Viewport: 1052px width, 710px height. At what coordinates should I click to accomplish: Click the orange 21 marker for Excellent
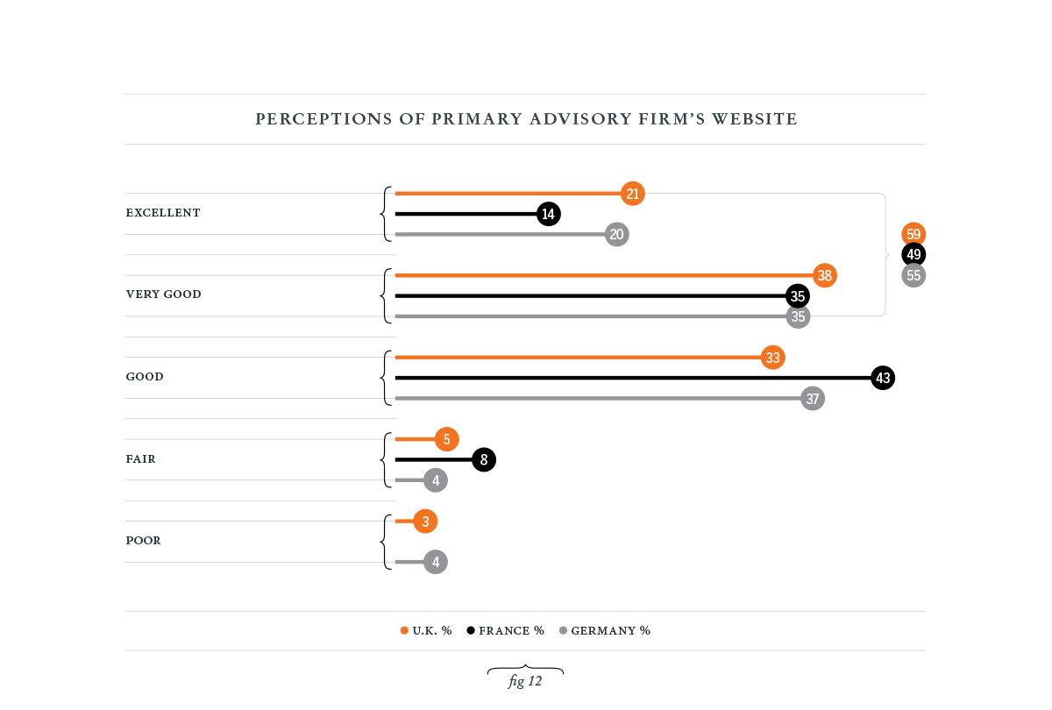pyautogui.click(x=633, y=194)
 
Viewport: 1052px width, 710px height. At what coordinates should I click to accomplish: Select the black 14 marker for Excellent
pyautogui.click(x=549, y=214)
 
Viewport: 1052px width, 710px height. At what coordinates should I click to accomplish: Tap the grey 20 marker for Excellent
pyautogui.click(x=617, y=234)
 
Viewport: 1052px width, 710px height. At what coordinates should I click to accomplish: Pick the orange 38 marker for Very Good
pyautogui.click(x=825, y=275)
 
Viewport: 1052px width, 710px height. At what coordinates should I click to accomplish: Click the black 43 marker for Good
pyautogui.click(x=883, y=378)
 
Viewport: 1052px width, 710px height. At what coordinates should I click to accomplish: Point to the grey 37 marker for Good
pyautogui.click(x=813, y=399)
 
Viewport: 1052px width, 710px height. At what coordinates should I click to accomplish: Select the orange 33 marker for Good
pyautogui.click(x=772, y=358)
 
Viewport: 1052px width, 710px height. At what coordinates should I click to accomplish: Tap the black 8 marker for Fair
pyautogui.click(x=484, y=459)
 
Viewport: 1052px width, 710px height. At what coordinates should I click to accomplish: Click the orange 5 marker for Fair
pyautogui.click(x=446, y=439)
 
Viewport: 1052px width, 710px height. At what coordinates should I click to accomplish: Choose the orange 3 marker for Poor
pyautogui.click(x=425, y=522)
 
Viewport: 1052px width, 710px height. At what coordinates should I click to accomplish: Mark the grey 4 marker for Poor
pyautogui.click(x=436, y=562)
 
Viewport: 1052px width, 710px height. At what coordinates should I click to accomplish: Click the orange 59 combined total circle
pyautogui.click(x=914, y=234)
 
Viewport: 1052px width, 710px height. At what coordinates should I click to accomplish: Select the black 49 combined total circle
pyautogui.click(x=914, y=254)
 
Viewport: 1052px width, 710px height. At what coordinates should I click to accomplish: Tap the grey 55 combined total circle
pyautogui.click(x=914, y=275)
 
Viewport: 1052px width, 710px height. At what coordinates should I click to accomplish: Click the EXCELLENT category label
pyautogui.click(x=163, y=213)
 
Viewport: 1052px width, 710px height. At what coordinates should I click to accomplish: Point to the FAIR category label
pyautogui.click(x=141, y=459)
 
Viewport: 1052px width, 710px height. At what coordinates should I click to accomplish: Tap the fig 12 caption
pyautogui.click(x=525, y=681)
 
